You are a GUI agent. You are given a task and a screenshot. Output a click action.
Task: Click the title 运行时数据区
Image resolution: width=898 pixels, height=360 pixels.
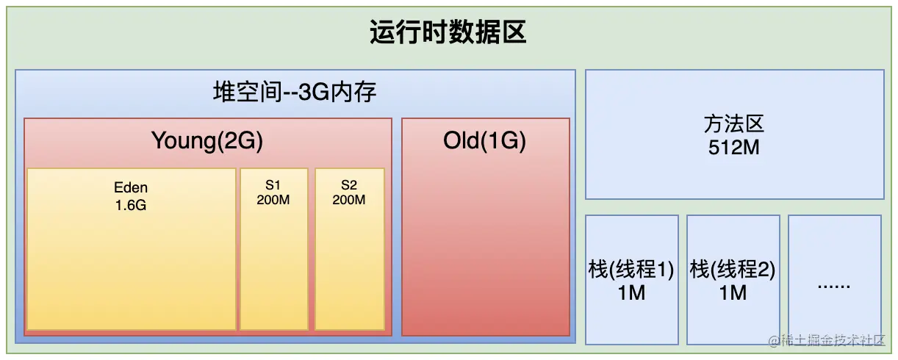(448, 33)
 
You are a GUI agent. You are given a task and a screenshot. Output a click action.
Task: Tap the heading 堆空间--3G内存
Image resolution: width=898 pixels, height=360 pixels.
(295, 93)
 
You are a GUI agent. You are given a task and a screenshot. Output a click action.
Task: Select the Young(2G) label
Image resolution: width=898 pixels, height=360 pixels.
(207, 140)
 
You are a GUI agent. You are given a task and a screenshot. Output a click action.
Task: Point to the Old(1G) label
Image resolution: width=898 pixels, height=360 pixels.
(485, 140)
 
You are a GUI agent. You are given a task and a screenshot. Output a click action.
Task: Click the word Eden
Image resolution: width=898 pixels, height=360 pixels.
(131, 187)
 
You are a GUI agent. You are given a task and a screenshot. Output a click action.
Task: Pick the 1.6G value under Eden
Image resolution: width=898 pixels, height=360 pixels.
(131, 205)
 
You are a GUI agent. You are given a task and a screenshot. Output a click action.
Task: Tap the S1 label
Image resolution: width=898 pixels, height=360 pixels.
(273, 185)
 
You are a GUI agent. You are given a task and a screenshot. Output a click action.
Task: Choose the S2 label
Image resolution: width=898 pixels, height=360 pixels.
(349, 185)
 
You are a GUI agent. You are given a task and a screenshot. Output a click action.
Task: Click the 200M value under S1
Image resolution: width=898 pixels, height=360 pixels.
(273, 200)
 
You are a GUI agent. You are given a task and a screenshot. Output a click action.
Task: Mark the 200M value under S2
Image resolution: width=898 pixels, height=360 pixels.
(349, 200)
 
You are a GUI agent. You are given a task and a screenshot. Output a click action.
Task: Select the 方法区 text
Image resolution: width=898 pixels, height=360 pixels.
(734, 124)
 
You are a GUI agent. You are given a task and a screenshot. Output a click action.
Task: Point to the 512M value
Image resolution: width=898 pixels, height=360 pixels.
(734, 146)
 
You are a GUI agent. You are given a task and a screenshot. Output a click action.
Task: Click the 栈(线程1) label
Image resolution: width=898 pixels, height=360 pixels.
(631, 270)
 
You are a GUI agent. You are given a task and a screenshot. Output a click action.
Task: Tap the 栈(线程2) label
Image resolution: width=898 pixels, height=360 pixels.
(733, 270)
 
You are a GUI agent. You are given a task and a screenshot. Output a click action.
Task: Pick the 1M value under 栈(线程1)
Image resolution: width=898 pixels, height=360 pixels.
(631, 292)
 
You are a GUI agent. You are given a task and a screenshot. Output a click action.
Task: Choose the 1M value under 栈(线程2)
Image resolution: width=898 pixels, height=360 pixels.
(733, 292)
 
